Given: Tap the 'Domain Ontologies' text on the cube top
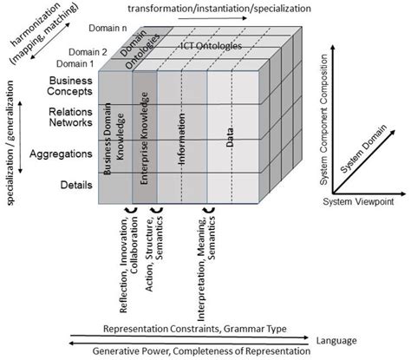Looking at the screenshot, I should point(139,54).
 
